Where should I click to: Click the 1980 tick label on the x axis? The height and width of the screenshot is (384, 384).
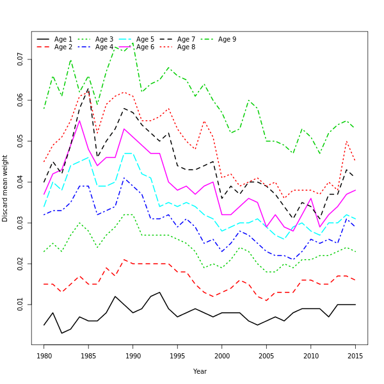(x=44, y=356)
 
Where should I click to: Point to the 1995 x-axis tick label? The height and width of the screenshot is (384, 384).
(x=178, y=356)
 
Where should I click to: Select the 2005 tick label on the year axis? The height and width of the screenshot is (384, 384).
(x=267, y=356)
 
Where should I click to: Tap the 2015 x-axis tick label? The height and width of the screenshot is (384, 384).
(x=356, y=356)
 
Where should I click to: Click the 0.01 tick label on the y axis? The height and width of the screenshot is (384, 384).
(x=21, y=305)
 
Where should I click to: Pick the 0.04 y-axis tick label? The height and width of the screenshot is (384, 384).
(x=21, y=182)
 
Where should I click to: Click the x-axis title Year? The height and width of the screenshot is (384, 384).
(x=200, y=371)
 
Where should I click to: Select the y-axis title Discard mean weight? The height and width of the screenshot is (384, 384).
(x=6, y=188)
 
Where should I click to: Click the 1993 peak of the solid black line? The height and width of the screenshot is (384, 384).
(x=159, y=292)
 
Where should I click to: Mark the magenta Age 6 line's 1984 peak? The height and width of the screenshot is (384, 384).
(x=79, y=120)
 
